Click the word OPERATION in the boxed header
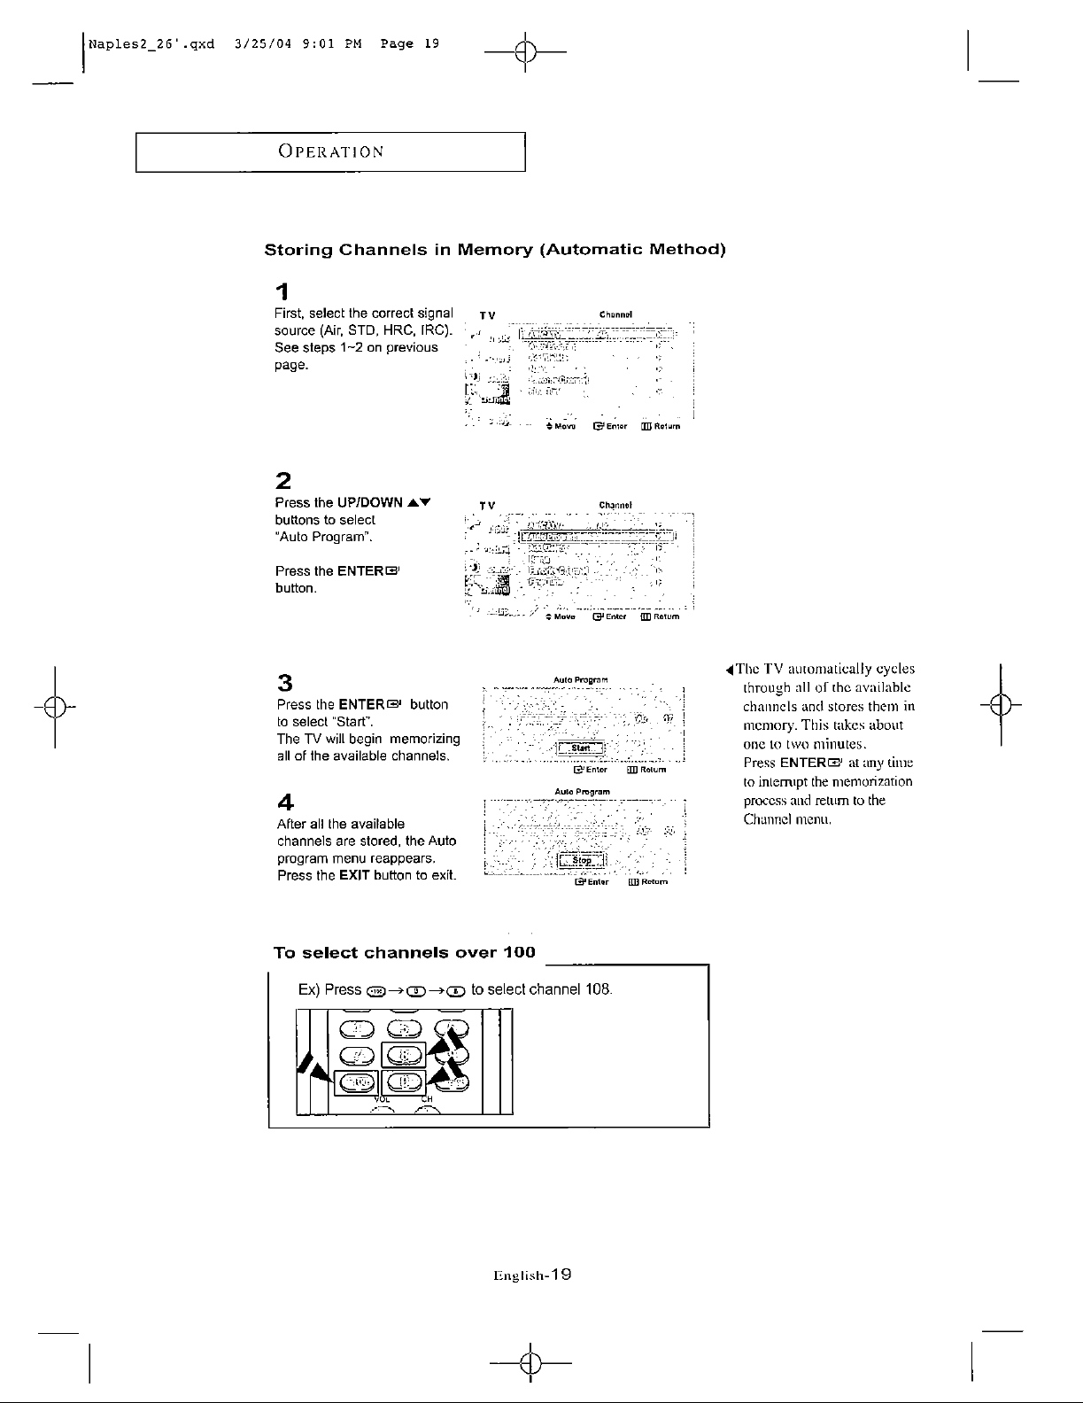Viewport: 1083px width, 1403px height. tap(330, 151)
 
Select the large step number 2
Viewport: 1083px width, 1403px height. tap(282, 482)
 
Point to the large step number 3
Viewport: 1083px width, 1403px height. tap(284, 682)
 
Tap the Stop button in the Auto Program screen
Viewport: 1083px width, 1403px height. tap(581, 860)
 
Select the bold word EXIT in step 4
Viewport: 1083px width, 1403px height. tap(354, 876)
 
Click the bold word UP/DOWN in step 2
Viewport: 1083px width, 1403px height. tap(365, 502)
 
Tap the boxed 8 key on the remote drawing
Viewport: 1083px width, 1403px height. tap(404, 1055)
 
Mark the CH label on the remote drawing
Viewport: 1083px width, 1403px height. tap(426, 1100)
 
